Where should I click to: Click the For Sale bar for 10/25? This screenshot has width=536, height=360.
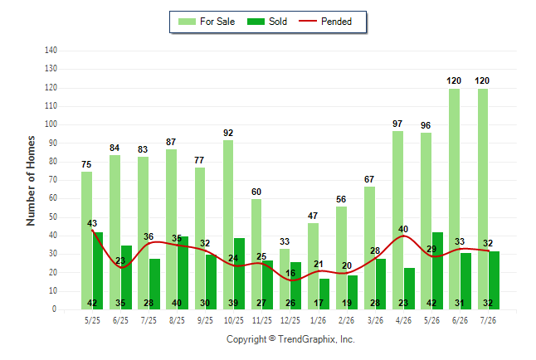point(228,225)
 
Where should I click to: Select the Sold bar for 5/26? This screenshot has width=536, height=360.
point(437,270)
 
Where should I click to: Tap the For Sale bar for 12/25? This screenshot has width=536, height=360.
point(285,279)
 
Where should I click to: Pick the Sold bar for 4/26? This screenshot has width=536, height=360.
point(409,289)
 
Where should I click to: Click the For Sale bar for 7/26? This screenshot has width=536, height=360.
point(483,199)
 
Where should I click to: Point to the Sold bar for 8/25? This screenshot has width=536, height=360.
point(183,273)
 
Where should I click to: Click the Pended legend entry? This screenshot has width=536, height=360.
point(325,22)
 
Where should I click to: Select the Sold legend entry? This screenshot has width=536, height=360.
point(267,22)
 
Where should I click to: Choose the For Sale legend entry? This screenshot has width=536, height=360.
point(207,22)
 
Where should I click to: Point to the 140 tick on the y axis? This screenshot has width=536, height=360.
point(51,51)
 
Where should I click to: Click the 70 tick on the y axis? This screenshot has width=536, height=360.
point(52,179)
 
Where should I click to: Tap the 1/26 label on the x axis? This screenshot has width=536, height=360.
point(318,320)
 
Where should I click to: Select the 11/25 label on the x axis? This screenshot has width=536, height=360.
point(262,320)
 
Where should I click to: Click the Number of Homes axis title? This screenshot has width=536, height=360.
point(31,181)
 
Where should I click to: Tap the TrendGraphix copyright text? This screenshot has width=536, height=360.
point(290,339)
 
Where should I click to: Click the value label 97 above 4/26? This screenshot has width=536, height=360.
point(397,124)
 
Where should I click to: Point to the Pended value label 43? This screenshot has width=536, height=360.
point(92,223)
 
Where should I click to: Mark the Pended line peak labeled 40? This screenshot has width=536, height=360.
point(403,236)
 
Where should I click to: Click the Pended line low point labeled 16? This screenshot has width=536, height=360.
point(291,280)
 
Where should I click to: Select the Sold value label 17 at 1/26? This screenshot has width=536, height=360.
point(319,303)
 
